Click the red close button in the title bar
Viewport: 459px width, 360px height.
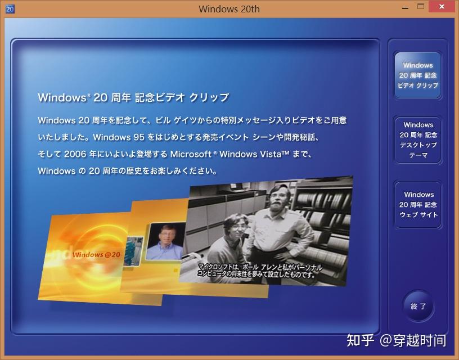coord(443,7)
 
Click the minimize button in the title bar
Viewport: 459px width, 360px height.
coord(404,7)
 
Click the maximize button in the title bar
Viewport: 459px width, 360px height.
coord(421,7)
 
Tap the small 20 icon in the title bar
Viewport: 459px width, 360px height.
coord(9,9)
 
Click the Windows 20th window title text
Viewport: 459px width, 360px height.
coord(229,9)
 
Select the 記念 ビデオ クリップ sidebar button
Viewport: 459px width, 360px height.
coord(417,75)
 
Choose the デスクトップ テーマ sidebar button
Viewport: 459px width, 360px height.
coord(418,140)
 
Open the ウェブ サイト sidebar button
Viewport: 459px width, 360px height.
coord(418,205)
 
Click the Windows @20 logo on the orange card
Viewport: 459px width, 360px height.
coord(96,255)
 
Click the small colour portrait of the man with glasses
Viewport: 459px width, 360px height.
coord(165,241)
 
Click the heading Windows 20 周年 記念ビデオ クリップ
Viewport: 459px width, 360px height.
coord(133,97)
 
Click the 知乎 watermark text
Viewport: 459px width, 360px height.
coord(360,340)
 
